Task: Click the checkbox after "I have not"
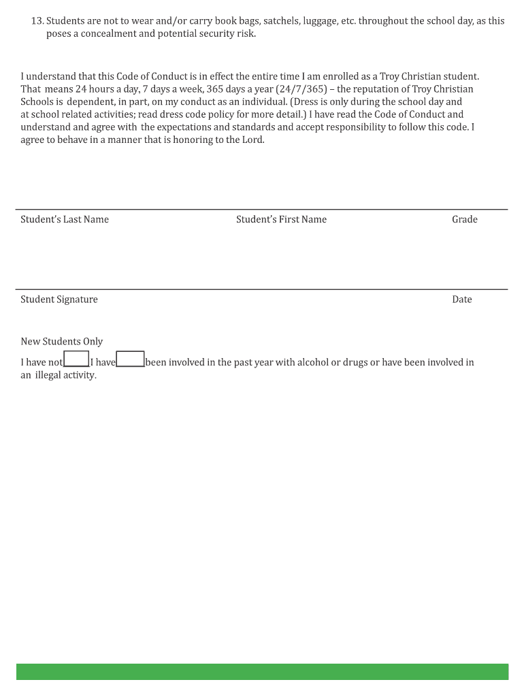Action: (76, 359)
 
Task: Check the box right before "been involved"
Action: (130, 359)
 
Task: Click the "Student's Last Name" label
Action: (65, 219)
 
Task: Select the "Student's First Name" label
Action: (281, 219)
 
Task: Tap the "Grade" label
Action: (465, 219)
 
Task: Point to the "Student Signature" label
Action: (59, 299)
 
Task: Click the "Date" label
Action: (462, 299)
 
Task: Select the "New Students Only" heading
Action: (62, 342)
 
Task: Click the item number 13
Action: (37, 21)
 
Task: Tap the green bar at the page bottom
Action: (262, 672)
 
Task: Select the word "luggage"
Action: (323, 21)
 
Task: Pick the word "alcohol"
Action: (313, 362)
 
